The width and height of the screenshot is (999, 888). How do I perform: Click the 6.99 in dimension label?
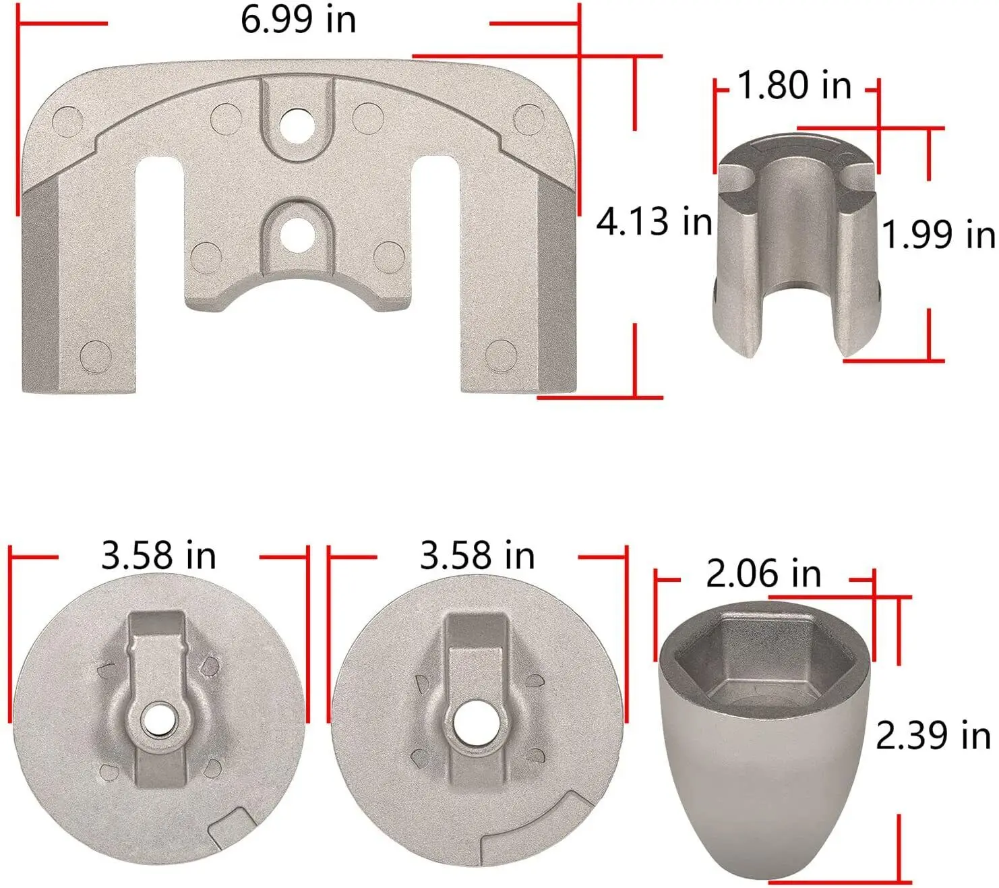pos(298,20)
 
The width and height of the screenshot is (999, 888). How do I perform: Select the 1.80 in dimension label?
pos(794,86)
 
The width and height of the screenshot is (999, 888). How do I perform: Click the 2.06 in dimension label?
pos(763,574)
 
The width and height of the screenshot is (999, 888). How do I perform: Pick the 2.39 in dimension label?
pos(934,736)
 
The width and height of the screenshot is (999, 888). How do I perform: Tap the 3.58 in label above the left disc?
pos(158,556)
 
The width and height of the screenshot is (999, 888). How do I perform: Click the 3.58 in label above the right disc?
pos(477,556)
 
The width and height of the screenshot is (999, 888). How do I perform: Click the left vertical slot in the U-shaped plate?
pos(159,270)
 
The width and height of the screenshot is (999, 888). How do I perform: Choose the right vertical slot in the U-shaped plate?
pos(435,270)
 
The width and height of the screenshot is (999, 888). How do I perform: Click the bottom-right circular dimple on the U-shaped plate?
pos(500,355)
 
